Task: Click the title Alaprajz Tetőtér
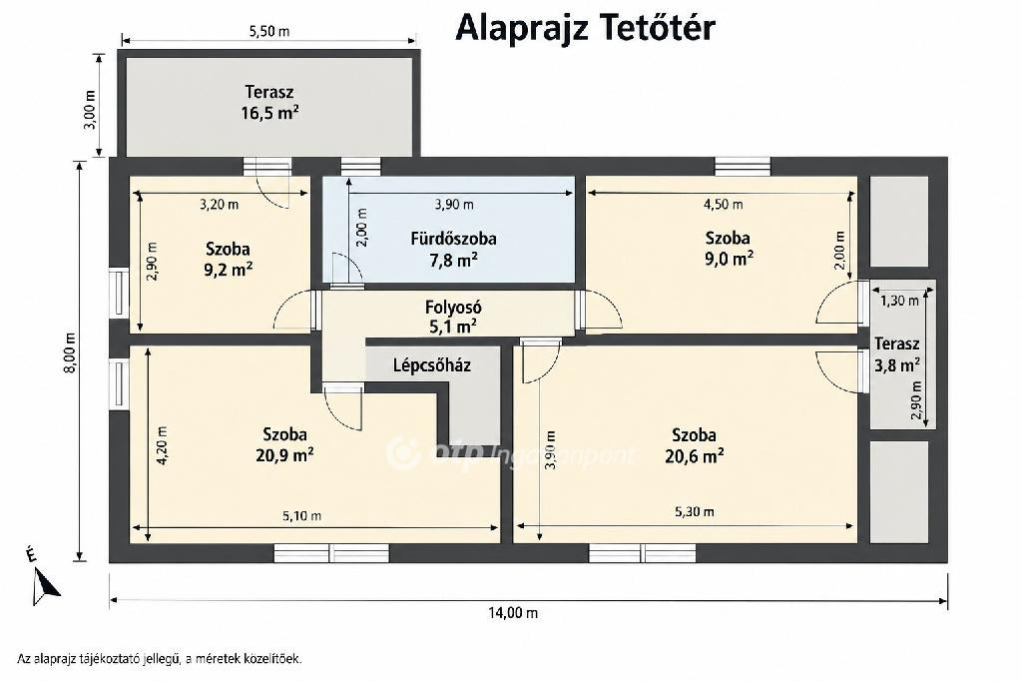(x=585, y=27)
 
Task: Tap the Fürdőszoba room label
(x=454, y=239)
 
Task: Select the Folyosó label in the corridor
(x=453, y=308)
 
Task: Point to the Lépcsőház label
(x=431, y=365)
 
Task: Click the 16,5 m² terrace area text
(x=269, y=113)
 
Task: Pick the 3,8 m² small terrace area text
(x=897, y=364)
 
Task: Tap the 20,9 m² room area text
(x=284, y=454)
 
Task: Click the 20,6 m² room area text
(x=695, y=455)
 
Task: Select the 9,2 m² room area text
(x=229, y=270)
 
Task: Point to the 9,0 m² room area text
(x=729, y=259)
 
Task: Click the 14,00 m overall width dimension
(x=514, y=612)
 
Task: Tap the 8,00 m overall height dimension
(x=71, y=352)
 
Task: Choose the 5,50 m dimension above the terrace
(x=269, y=31)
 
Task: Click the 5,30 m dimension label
(x=695, y=511)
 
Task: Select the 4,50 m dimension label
(x=723, y=204)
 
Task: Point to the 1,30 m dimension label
(x=899, y=301)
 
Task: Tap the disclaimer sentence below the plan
(x=159, y=659)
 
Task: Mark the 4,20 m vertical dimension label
(x=162, y=445)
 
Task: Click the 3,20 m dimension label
(x=219, y=204)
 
